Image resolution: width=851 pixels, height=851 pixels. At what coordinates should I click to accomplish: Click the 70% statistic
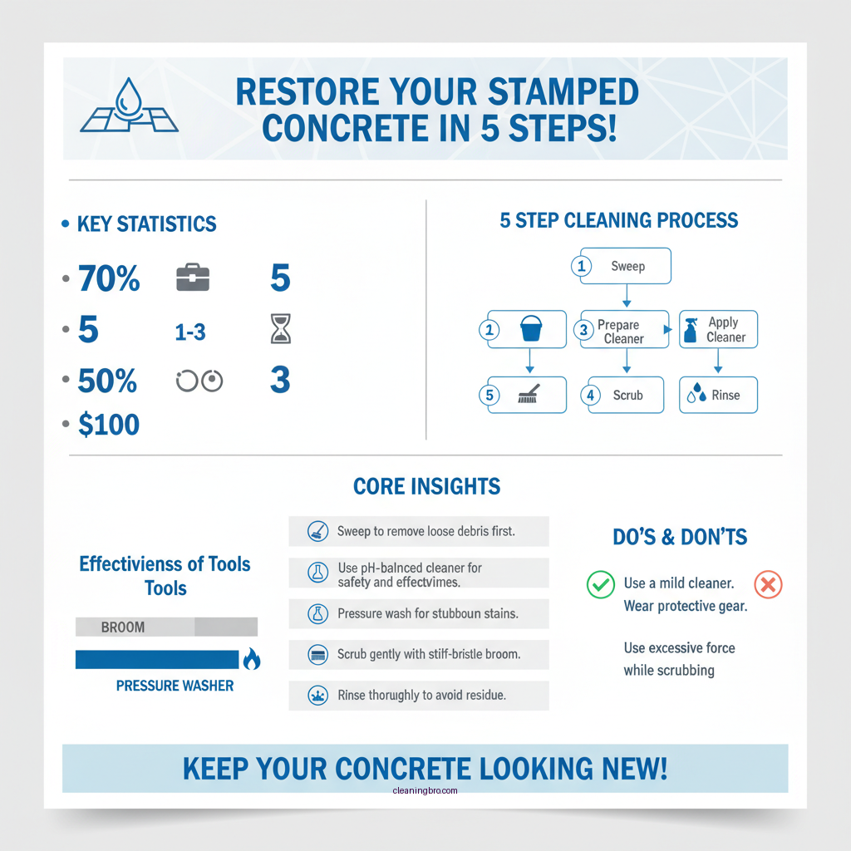point(109,279)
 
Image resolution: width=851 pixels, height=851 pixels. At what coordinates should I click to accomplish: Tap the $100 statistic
point(109,425)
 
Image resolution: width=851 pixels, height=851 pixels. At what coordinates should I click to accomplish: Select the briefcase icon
point(193,279)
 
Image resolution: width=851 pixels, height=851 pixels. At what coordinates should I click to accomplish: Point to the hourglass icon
point(281,331)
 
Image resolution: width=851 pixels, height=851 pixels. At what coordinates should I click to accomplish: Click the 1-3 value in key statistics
point(190,332)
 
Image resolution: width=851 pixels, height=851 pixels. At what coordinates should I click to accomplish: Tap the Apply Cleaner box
point(719,329)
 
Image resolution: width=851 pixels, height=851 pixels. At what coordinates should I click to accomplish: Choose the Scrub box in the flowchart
point(624,395)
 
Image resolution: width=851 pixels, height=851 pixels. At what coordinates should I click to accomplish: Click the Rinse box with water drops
point(719,395)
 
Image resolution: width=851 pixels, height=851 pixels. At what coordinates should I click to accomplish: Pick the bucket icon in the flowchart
point(530,329)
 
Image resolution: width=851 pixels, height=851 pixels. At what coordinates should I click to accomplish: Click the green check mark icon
point(600,584)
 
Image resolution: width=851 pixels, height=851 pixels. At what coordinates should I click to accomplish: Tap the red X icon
point(768,584)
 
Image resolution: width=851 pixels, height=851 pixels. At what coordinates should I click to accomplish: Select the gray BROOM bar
point(166,627)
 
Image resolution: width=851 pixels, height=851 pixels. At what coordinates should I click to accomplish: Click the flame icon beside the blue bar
point(251,660)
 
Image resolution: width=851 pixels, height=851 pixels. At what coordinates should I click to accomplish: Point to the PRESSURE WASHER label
point(175,686)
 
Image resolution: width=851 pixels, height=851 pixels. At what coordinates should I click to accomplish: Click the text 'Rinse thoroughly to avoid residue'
point(421,695)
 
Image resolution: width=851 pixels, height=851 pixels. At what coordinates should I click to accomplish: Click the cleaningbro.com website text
point(425,790)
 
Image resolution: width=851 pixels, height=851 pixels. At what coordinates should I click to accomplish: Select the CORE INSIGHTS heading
point(426,486)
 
